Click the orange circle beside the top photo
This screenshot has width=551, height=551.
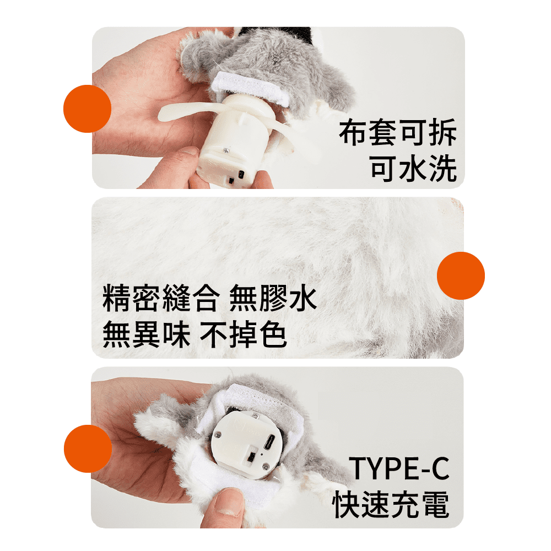tap(87, 109)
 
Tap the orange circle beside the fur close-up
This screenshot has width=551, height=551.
tap(461, 275)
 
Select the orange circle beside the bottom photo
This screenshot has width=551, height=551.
tap(88, 449)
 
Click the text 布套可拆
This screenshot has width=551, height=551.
tap(398, 132)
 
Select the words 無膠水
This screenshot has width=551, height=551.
tap(273, 298)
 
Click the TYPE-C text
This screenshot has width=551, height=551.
tap(399, 468)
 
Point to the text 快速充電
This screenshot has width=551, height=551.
tap(391, 504)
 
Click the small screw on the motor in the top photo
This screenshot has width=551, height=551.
tap(225, 150)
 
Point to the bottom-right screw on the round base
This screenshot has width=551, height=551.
tap(266, 467)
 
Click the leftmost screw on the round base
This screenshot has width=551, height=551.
tap(218, 435)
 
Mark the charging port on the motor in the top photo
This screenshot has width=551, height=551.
tap(241, 175)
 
